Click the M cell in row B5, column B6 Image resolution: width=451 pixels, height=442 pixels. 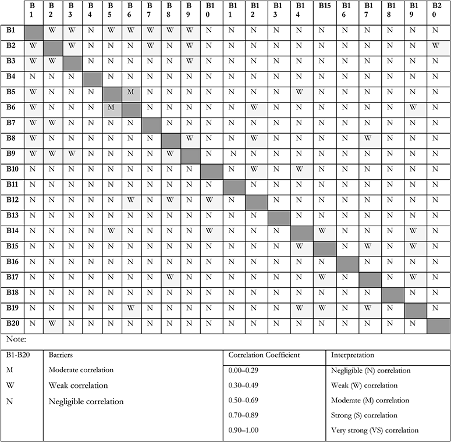pos(131,92)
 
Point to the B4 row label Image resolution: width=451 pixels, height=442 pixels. pos(10,76)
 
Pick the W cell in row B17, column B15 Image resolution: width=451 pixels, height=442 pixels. pos(324,276)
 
